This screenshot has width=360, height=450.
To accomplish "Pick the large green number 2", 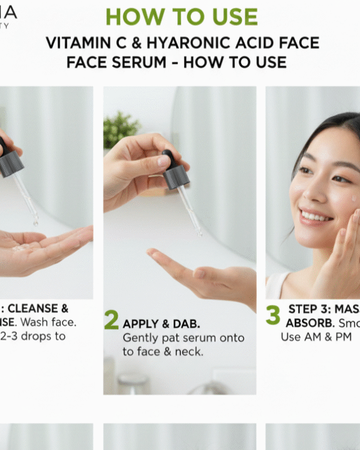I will pyautogui.click(x=111, y=320).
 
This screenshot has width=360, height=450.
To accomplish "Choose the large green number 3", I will pyautogui.click(x=273, y=314).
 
